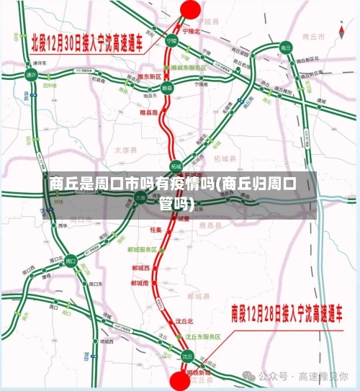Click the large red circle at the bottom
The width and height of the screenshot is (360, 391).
[x=179, y=381]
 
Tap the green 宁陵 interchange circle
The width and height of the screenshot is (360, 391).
[x=171, y=41]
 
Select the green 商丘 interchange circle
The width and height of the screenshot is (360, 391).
[x=286, y=48]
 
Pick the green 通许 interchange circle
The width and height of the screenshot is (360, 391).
[x=31, y=74]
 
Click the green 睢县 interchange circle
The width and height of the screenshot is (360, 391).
[x=167, y=87]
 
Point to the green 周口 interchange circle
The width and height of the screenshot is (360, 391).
[x=71, y=260]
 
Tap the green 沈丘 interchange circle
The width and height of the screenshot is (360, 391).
[x=186, y=356]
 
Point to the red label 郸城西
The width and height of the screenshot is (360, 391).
[x=141, y=267]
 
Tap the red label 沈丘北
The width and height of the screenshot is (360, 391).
[x=185, y=321]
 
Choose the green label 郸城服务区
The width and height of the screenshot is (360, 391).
[x=143, y=249]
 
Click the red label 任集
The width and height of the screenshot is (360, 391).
[x=156, y=229]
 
